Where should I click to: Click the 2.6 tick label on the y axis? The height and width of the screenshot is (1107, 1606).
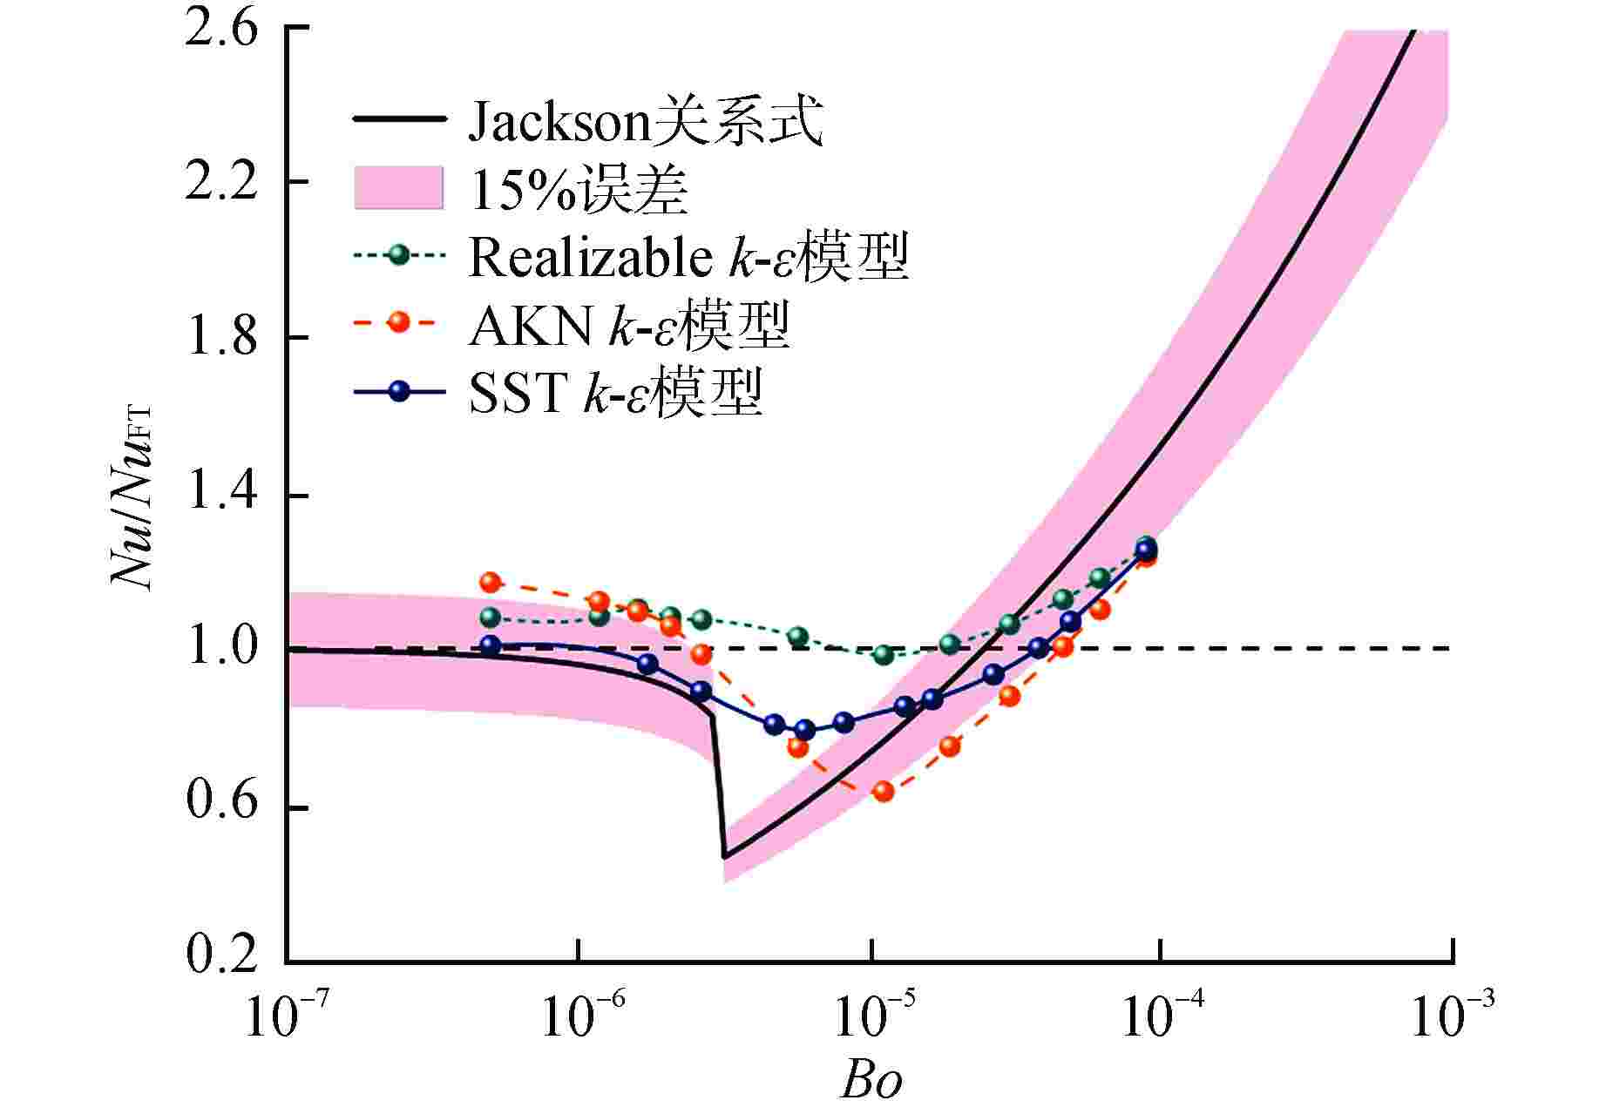pyautogui.click(x=221, y=28)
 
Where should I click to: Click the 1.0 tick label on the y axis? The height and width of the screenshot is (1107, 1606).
pyautogui.click(x=221, y=649)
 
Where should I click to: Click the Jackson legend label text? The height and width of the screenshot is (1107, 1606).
pyautogui.click(x=646, y=121)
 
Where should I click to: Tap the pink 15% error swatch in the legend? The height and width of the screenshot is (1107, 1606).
pyautogui.click(x=398, y=188)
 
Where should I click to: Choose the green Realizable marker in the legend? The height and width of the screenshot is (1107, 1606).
pyautogui.click(x=399, y=256)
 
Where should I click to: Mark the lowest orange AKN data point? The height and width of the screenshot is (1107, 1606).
pyautogui.click(x=884, y=791)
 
